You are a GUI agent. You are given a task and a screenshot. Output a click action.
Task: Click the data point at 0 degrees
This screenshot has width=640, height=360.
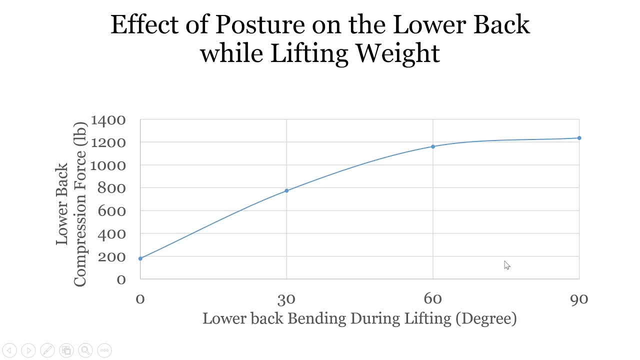(x=140, y=258)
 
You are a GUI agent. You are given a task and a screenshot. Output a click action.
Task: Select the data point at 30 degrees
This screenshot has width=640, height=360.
(x=286, y=190)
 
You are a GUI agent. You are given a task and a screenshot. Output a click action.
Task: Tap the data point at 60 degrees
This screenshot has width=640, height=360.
(x=433, y=146)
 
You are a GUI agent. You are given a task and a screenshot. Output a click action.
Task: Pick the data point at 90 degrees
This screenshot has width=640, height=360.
(x=579, y=138)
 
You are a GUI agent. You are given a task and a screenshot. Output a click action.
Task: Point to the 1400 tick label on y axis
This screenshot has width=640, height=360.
(x=108, y=120)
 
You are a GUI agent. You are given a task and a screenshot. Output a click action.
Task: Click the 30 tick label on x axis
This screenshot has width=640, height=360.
(x=286, y=299)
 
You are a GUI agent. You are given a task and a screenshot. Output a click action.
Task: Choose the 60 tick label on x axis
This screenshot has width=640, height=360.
(x=433, y=299)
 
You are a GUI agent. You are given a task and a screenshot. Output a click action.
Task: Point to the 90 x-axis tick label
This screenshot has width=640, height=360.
(x=579, y=299)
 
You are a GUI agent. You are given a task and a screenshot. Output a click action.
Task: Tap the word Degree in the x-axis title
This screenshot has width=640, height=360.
(x=486, y=318)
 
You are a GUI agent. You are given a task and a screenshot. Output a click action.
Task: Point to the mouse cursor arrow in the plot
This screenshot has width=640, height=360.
(x=506, y=265)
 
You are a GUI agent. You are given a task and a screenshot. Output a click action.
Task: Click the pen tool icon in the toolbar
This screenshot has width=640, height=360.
(x=47, y=350)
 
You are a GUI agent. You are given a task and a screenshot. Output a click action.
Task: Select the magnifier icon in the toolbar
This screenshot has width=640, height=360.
(x=85, y=350)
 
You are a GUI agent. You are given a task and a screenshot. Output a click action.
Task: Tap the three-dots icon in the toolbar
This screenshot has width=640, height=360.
(x=104, y=350)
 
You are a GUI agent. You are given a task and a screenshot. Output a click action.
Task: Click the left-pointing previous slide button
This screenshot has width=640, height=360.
(x=9, y=350)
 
